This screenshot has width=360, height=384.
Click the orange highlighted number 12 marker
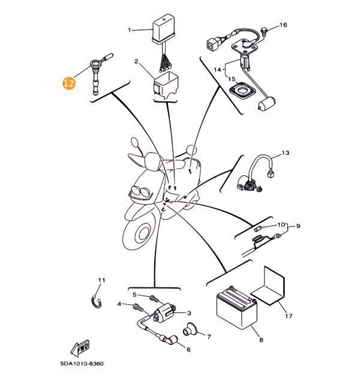(69, 83)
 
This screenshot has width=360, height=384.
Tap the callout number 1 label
(129, 29)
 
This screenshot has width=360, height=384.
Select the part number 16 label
(283, 25)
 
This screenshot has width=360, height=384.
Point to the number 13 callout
(285, 153)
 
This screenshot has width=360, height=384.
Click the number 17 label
(288, 316)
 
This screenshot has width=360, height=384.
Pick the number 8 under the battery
(261, 340)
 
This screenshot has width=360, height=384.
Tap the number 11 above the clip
(101, 281)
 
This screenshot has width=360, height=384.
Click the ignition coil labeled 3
(166, 313)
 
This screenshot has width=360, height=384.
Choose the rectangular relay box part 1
(164, 29)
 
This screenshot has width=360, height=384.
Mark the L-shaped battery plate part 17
(269, 287)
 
